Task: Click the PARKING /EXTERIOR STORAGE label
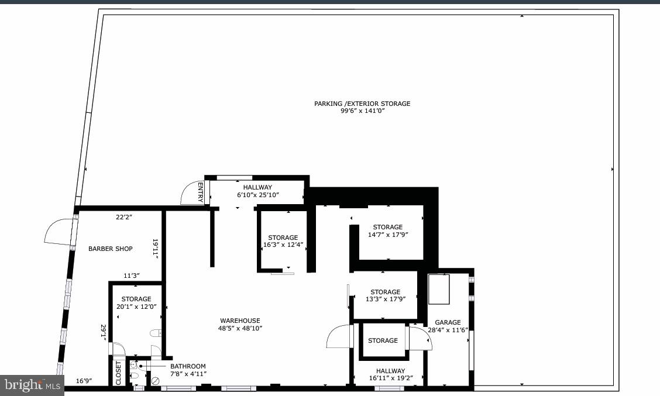click(x=362, y=104)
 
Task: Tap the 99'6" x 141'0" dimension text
click(x=362, y=111)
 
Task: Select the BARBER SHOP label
click(x=111, y=249)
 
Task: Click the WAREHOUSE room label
click(x=240, y=321)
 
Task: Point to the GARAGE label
click(x=448, y=322)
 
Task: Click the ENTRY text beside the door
click(x=200, y=192)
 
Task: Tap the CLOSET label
click(x=118, y=372)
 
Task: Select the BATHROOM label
click(x=188, y=366)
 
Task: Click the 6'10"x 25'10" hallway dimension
click(x=257, y=195)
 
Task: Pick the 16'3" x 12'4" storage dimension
click(x=283, y=245)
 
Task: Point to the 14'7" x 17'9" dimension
click(x=387, y=235)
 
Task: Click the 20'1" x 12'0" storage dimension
click(x=136, y=307)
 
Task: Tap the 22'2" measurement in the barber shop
click(x=124, y=217)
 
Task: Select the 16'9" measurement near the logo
click(x=85, y=381)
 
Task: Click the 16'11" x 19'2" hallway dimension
click(x=390, y=378)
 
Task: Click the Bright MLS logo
click(x=32, y=385)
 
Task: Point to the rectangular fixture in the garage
click(x=439, y=289)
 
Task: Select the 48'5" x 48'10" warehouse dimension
click(x=240, y=328)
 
